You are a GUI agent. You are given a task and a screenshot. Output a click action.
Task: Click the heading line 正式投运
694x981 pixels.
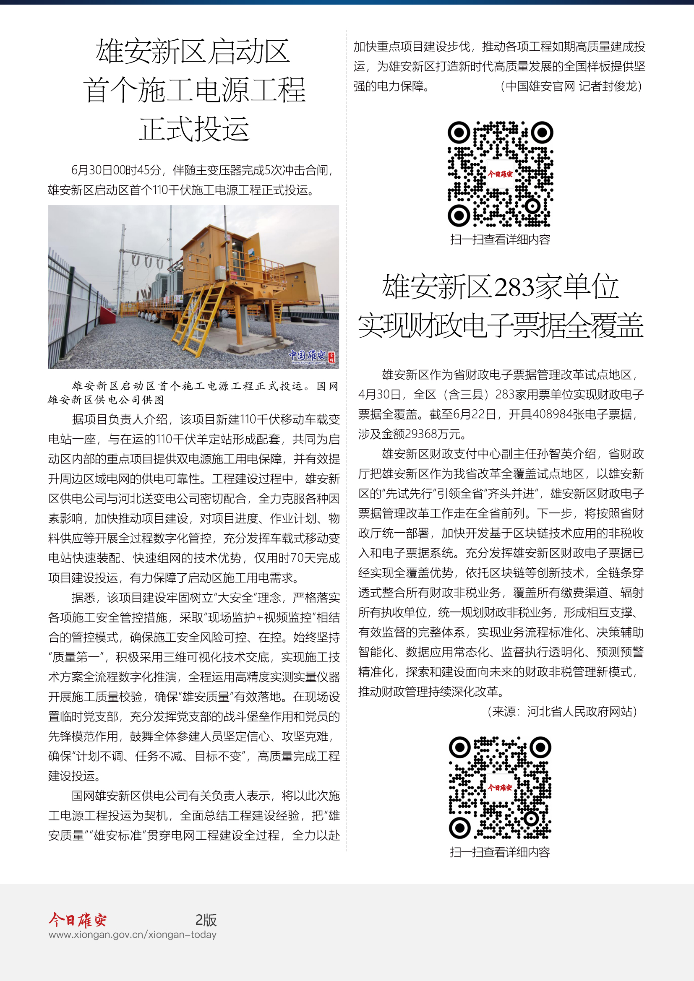(194, 129)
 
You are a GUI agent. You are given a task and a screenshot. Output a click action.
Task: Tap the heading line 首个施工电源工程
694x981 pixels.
(194, 90)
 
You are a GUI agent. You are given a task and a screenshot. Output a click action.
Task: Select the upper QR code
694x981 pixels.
(501, 174)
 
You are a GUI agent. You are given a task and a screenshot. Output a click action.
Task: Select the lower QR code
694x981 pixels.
(500, 788)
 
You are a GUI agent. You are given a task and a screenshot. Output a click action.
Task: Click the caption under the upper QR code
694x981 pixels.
(501, 240)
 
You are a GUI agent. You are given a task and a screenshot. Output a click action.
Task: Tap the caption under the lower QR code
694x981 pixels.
(500, 852)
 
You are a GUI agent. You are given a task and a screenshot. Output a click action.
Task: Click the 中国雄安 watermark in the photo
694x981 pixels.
(308, 355)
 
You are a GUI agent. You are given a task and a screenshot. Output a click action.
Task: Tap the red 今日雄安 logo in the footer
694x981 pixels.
(77, 919)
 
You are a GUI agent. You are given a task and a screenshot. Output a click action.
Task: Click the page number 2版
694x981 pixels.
(206, 919)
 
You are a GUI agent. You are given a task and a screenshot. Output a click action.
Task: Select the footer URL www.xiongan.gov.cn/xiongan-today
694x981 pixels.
(133, 934)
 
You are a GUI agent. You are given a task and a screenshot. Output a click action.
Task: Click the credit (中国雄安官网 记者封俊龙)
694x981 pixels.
(571, 87)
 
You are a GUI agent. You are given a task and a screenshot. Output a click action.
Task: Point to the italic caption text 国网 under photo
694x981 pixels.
(328, 386)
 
